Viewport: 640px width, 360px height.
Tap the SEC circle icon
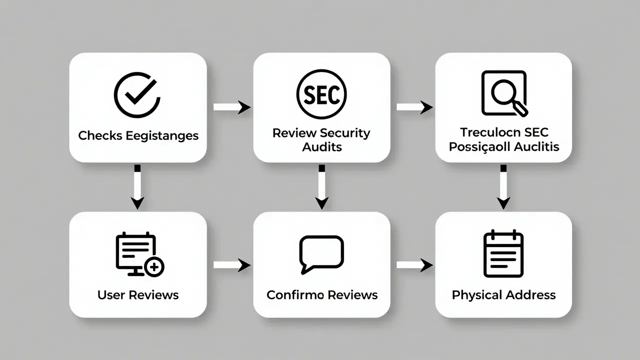tap(321, 94)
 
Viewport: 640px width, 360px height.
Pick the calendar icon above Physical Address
tap(503, 253)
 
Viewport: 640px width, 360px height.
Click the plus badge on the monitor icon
tap(154, 267)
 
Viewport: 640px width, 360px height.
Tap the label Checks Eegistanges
tap(138, 135)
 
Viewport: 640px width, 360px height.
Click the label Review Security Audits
tap(321, 139)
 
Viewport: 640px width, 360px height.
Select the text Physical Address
tap(503, 295)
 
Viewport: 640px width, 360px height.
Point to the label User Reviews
tap(138, 295)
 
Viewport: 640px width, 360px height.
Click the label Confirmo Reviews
tap(322, 295)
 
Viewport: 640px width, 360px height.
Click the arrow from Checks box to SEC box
tap(231, 107)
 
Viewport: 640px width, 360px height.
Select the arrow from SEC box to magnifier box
tap(414, 107)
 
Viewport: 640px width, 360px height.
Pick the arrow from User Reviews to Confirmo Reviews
tap(231, 265)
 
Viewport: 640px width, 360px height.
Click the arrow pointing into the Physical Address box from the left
tap(414, 265)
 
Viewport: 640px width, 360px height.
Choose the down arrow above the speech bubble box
tap(322, 187)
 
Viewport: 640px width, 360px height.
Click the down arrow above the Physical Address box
tap(503, 187)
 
